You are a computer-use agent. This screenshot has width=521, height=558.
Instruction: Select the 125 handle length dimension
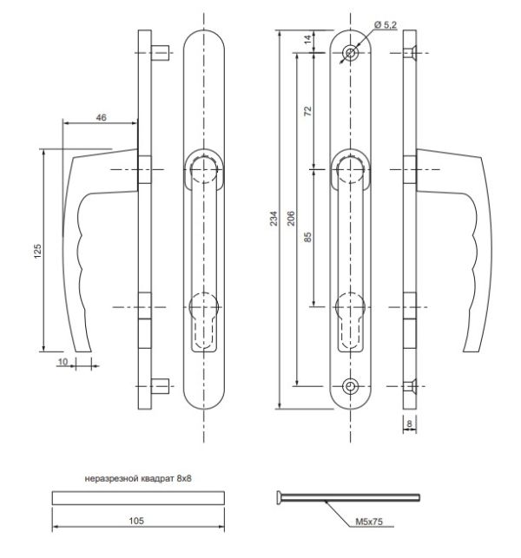(37, 252)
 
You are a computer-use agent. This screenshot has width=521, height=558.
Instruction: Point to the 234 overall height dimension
(274, 219)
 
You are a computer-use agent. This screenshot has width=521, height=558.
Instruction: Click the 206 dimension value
(291, 219)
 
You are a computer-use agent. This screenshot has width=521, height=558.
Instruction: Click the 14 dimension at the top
(307, 40)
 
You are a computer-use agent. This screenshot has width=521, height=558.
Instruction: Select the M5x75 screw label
(371, 523)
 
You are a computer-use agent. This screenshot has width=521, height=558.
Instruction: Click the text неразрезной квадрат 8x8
(138, 478)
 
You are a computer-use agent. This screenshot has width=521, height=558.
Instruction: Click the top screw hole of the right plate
(350, 53)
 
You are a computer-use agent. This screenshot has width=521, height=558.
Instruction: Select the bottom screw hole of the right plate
(350, 385)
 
